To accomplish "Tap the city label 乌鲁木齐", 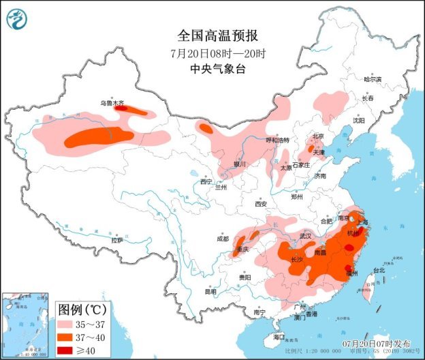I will point(112,103).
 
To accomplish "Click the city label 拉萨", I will point(117,240).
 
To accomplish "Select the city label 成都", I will point(223,239).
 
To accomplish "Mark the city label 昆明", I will point(210,292).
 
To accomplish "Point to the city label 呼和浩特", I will point(277,140).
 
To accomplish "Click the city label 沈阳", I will point(358,121).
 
